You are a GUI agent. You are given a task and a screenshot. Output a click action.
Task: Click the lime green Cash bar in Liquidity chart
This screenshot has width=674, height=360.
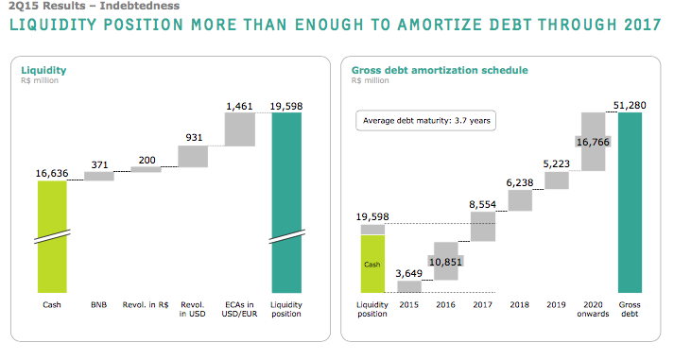click(x=52, y=236)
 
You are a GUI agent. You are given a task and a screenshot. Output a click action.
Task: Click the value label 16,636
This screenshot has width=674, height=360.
click(x=52, y=173)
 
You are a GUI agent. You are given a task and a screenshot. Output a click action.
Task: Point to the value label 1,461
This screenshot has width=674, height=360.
click(x=239, y=107)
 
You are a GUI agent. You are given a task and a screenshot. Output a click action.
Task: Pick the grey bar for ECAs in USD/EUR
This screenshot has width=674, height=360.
click(x=239, y=129)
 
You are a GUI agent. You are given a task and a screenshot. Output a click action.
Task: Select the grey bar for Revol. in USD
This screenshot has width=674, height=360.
click(x=193, y=156)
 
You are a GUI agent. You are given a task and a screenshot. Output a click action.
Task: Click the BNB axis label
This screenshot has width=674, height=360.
click(x=98, y=304)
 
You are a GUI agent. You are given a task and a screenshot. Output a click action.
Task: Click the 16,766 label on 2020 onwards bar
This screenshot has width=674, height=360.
click(x=593, y=142)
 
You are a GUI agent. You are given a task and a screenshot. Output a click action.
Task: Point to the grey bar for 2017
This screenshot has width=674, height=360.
click(x=483, y=226)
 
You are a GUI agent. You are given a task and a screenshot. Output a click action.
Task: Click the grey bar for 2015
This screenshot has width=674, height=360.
click(x=408, y=286)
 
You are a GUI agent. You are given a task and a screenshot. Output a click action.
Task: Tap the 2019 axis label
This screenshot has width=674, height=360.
click(x=556, y=304)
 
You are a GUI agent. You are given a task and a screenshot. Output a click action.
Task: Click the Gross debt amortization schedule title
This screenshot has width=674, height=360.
click(x=440, y=70)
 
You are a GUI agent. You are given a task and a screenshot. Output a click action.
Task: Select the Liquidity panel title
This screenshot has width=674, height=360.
click(x=43, y=70)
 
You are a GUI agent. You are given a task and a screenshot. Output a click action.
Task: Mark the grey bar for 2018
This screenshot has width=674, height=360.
click(x=520, y=200)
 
